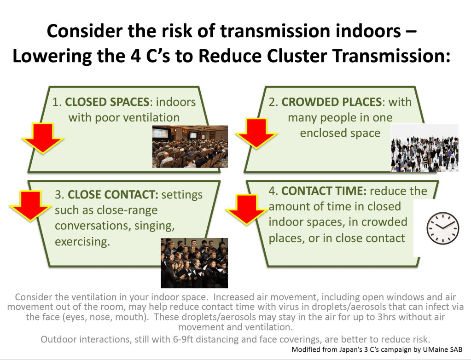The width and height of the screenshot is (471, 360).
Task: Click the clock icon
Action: click(x=443, y=228)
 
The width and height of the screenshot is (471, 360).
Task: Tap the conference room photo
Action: click(x=190, y=146)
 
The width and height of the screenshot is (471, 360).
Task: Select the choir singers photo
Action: click(x=194, y=263)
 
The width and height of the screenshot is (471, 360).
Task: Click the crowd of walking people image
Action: click(x=424, y=148)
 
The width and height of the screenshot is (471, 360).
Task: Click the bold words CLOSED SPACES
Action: click(x=107, y=102)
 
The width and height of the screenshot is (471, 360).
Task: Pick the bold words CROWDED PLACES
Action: click(x=331, y=102)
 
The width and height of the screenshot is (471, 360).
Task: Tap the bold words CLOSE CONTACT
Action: click(x=113, y=195)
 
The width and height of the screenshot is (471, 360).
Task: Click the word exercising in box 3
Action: click(x=82, y=242)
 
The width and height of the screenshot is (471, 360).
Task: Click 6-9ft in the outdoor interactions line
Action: click(x=183, y=339)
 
